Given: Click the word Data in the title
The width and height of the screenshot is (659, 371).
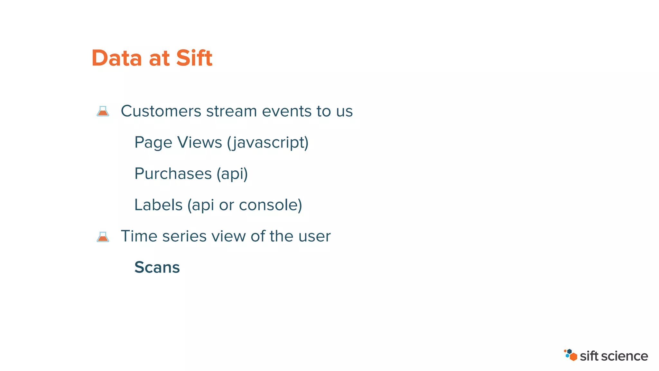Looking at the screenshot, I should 117,58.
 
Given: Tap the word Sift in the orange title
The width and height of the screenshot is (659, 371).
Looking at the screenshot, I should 194,58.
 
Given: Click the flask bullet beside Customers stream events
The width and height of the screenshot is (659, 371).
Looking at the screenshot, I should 103,111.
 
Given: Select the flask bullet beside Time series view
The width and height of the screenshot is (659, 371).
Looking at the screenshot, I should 103,237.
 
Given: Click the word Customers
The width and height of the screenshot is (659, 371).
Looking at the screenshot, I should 161,111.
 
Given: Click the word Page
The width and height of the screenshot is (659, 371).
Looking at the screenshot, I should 153,143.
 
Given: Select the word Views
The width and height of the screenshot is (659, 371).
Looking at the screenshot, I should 200,142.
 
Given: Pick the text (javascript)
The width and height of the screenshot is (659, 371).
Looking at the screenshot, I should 268,143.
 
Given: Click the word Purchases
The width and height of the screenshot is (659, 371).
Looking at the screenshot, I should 173,174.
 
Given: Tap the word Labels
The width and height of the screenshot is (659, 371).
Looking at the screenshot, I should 158,205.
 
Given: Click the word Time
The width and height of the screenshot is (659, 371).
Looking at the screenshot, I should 139,236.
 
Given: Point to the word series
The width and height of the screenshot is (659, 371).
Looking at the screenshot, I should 184,236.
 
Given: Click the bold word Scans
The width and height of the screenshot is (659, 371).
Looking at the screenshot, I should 157,267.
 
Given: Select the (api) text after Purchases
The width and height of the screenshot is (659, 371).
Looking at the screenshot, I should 232,174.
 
